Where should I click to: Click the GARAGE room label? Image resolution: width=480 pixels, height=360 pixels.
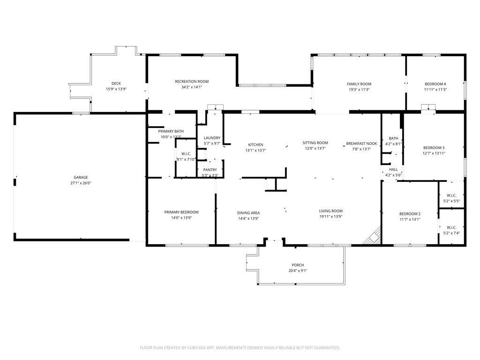(81, 177)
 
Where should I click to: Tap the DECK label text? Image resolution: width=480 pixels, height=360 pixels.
(116, 83)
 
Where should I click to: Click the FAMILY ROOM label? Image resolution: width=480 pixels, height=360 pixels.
(359, 84)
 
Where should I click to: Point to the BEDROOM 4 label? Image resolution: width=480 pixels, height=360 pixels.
(435, 84)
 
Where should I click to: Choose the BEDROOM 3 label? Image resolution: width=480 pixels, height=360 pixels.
(434, 148)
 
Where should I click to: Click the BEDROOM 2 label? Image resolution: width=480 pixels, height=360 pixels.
(410, 214)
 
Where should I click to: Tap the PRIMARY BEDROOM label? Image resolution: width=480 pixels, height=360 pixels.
(181, 212)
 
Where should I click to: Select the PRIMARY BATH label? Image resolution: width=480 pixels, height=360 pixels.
(171, 131)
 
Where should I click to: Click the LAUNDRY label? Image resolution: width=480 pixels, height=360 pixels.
(212, 138)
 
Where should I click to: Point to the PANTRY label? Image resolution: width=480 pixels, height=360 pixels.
(210, 170)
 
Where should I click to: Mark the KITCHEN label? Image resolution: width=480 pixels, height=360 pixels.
(255, 145)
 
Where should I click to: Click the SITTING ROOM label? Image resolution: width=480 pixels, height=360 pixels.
(315, 142)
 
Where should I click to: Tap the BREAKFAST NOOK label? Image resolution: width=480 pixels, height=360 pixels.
(361, 143)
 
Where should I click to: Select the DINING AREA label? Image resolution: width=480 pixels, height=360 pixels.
(248, 213)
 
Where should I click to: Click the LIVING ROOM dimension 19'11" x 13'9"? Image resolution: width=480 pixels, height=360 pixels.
(331, 217)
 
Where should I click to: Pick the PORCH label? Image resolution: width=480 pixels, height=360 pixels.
(298, 265)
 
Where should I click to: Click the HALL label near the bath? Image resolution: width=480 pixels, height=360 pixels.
(393, 169)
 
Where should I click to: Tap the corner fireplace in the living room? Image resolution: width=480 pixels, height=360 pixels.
(373, 236)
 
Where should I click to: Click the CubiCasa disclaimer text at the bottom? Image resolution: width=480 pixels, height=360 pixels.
(240, 348)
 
